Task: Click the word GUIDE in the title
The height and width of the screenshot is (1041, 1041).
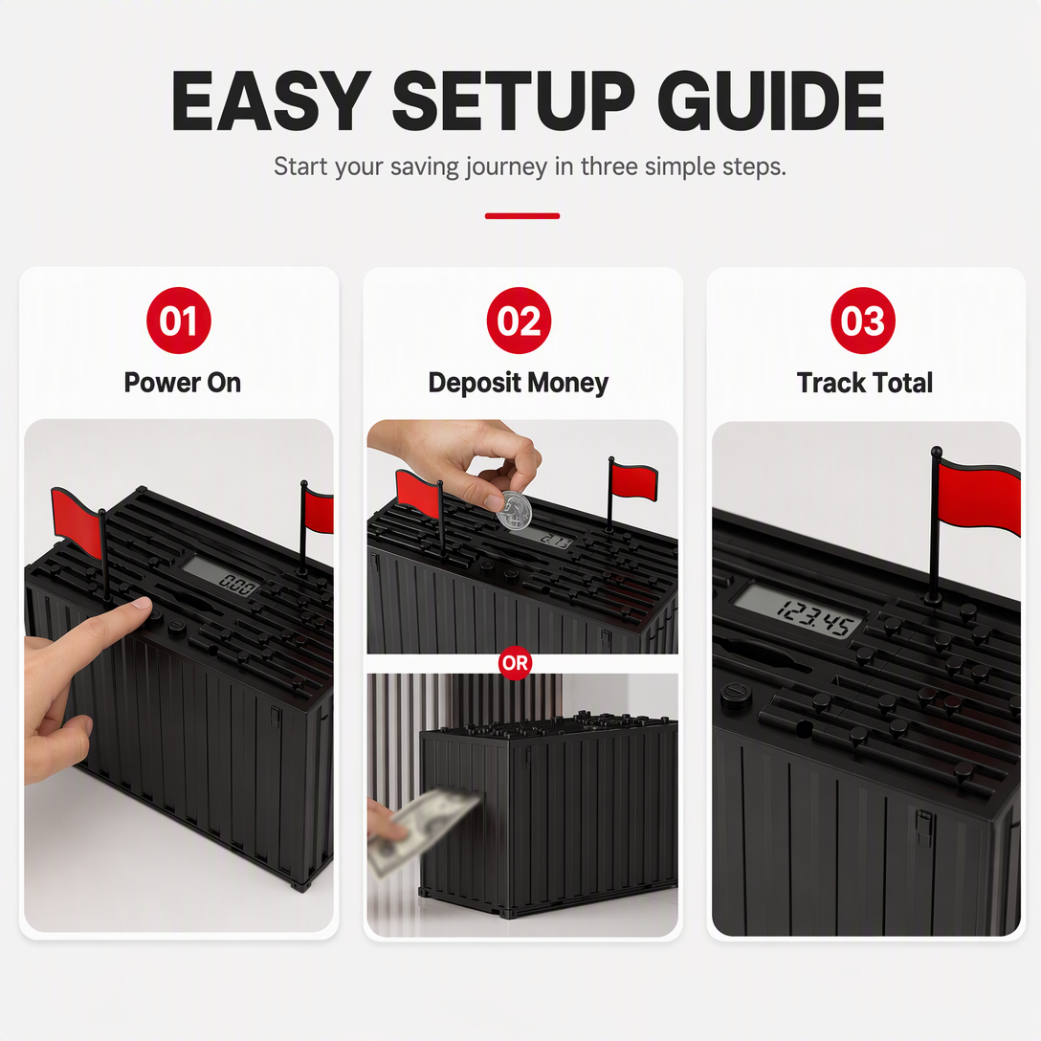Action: coord(770,100)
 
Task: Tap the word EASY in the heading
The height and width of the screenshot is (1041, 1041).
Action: coord(271,100)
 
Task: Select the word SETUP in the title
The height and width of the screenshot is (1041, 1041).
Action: coord(514,100)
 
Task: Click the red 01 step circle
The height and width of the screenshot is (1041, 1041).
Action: coord(179,321)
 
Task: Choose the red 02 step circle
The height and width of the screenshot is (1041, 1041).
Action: coord(519,321)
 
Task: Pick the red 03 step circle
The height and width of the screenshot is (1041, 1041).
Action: coord(862,321)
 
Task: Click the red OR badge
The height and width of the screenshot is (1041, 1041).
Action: coord(515,662)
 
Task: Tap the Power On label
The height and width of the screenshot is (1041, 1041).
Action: coord(183,383)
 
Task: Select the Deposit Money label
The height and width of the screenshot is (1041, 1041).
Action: coord(518,384)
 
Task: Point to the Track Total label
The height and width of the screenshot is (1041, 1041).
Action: coord(864,383)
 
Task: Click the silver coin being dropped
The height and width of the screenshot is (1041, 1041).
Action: coord(514,511)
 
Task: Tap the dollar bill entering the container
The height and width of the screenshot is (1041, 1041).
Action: coord(423,830)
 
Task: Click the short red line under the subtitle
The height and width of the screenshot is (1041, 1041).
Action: coord(522,216)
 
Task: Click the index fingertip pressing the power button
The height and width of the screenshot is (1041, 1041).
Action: coord(142,604)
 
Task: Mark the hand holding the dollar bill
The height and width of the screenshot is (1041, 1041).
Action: coord(381,822)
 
